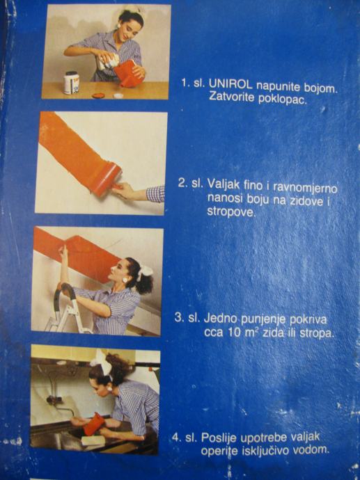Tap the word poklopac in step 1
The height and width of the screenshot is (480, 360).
click(x=283, y=99)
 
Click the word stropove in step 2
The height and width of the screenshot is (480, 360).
click(x=231, y=212)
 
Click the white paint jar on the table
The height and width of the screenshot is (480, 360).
click(x=72, y=83)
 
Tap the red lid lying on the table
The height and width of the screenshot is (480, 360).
click(x=98, y=95)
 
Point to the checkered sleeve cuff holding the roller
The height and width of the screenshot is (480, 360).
click(x=155, y=194)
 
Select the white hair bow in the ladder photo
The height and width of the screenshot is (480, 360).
click(x=144, y=272)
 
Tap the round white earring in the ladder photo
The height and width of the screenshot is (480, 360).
click(x=125, y=280)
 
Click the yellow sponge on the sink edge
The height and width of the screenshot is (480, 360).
click(x=93, y=440)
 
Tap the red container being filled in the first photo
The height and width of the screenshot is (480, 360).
click(x=128, y=74)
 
